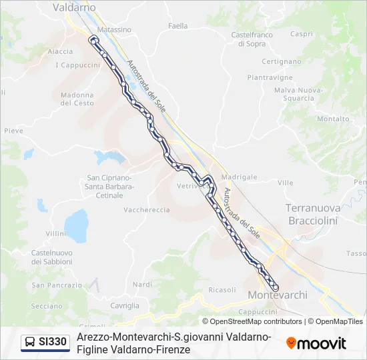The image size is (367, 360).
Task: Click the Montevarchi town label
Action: pos(277,295)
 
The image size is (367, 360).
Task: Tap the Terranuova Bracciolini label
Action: pos(313,213)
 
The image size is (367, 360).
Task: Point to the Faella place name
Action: pos(178,26)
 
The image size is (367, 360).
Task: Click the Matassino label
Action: pos(114,30)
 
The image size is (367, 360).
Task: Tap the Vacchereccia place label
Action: pos(147,209)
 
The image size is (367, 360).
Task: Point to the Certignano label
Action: pos(282,61)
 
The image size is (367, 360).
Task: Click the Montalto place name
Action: pos(333,119)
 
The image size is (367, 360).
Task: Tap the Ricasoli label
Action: pos(222,289)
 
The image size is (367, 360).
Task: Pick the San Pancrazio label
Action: pos(56,285)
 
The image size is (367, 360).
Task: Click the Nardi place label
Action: pos(142,285)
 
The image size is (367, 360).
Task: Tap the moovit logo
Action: pos(316,343)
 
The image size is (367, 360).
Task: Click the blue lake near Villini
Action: pos(75,227)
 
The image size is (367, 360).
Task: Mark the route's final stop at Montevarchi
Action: pos(275,287)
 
